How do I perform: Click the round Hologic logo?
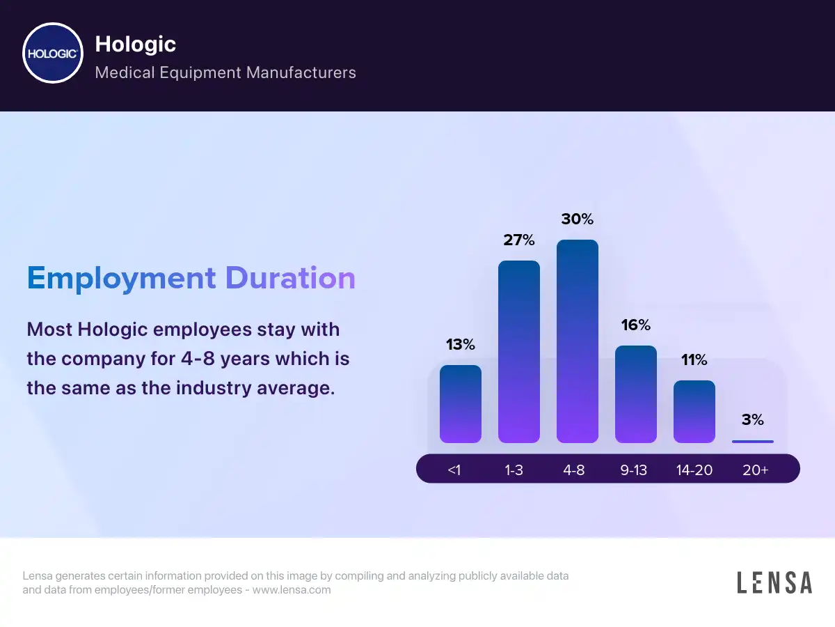pyautogui.click(x=53, y=53)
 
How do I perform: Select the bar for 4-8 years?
pyautogui.click(x=577, y=341)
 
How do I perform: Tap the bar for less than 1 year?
pyautogui.click(x=460, y=404)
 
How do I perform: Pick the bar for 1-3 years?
pyautogui.click(x=518, y=352)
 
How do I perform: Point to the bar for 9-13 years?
pyautogui.click(x=635, y=394)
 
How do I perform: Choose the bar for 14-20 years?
pyautogui.click(x=694, y=412)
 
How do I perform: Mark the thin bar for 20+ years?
pyautogui.click(x=752, y=441)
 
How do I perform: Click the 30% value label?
pyautogui.click(x=577, y=219)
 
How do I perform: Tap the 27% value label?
pyautogui.click(x=518, y=240)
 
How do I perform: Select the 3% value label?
pyautogui.click(x=752, y=420)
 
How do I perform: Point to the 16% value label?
pyautogui.click(x=635, y=325)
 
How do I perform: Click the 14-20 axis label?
pyautogui.click(x=694, y=470)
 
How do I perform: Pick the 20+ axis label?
pyautogui.click(x=755, y=470)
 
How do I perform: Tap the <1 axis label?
pyautogui.click(x=454, y=470)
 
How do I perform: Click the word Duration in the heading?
pyautogui.click(x=289, y=278)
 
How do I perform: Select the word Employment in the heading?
pyautogui.click(x=121, y=278)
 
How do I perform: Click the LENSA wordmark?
pyautogui.click(x=774, y=582)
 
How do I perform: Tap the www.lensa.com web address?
pyautogui.click(x=291, y=590)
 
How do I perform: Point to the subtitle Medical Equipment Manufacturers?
pyautogui.click(x=225, y=72)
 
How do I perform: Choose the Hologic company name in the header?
pyautogui.click(x=135, y=45)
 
